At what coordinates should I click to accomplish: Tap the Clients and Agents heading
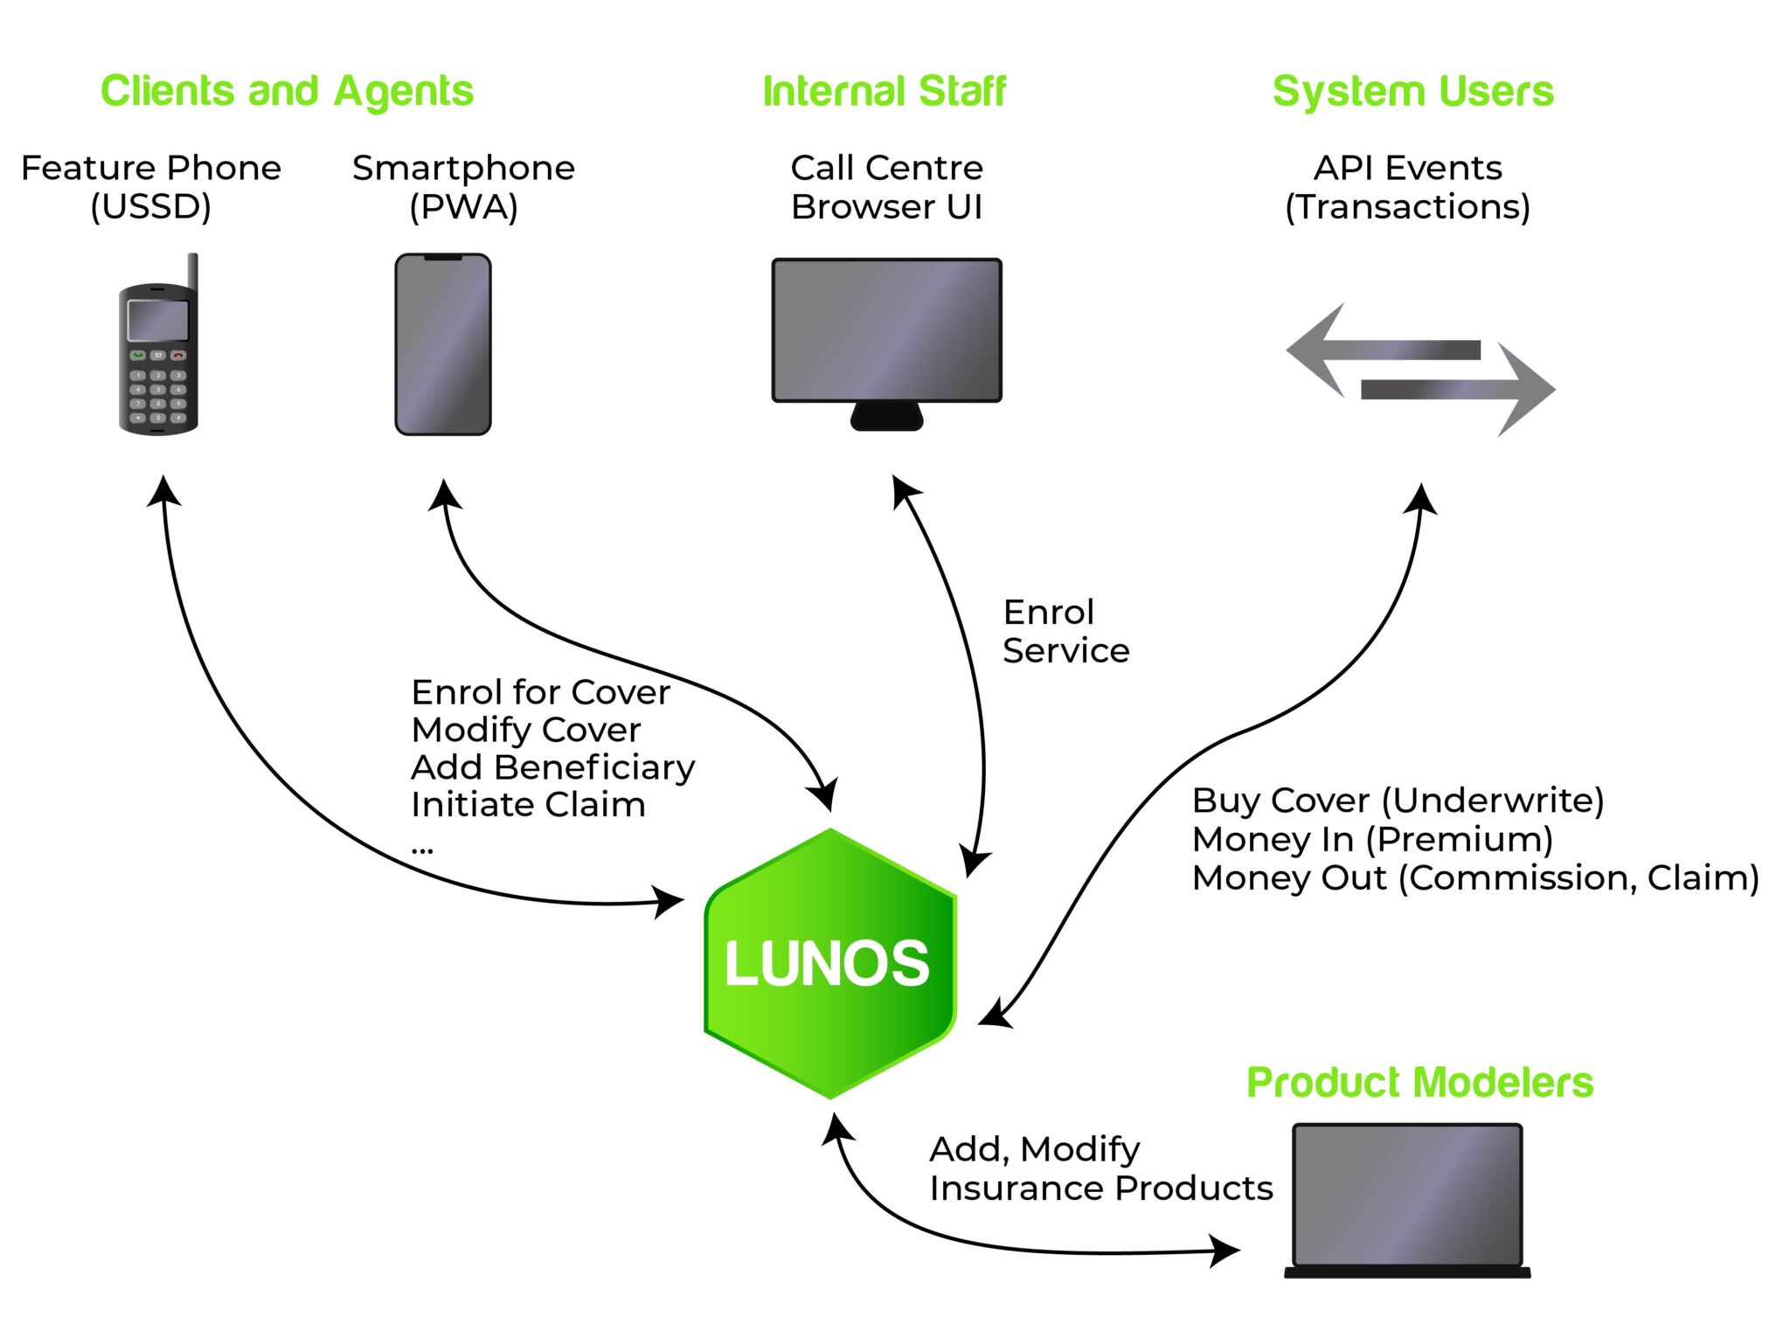point(287,91)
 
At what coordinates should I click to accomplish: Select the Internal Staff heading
point(884,91)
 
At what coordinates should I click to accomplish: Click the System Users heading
point(1412,91)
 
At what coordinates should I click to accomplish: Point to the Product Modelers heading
point(1419,1082)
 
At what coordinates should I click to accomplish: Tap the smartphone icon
point(442,344)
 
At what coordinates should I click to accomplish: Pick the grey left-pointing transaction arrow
point(1381,350)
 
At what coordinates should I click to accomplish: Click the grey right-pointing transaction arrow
point(1460,390)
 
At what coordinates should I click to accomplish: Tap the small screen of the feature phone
point(158,321)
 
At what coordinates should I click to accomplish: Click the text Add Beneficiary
point(552,766)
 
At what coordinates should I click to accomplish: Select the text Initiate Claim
point(528,804)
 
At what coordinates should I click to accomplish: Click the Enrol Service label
point(1065,631)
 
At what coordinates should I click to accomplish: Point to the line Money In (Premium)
point(1372,839)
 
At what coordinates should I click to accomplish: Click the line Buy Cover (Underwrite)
point(1397,800)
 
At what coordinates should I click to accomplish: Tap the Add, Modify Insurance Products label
point(1100,1168)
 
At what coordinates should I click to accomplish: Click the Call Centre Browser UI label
point(886,187)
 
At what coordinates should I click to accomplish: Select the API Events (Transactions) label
point(1407,187)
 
